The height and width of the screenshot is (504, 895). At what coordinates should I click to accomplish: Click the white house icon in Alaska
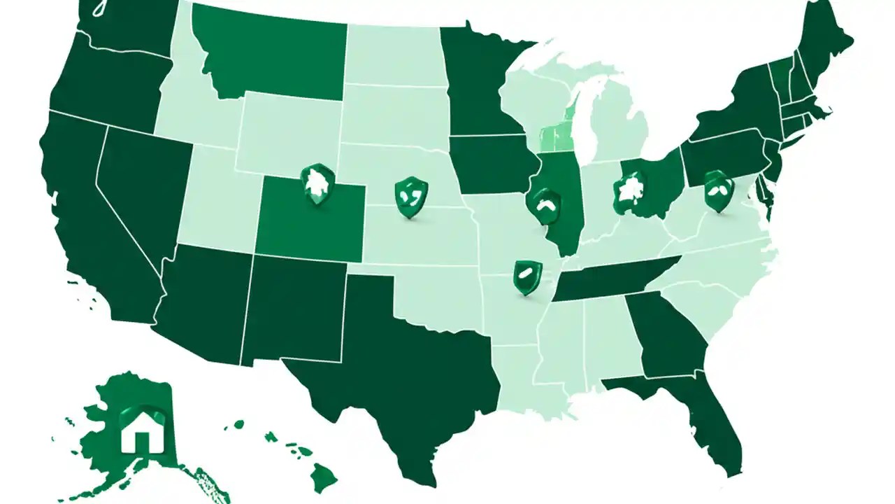pyautogui.click(x=141, y=437)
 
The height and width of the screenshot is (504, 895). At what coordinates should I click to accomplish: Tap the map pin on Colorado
pyautogui.click(x=317, y=183)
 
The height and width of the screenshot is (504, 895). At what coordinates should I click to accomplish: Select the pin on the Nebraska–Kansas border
pyautogui.click(x=410, y=197)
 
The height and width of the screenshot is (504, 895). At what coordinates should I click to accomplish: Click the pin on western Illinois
pyautogui.click(x=545, y=204)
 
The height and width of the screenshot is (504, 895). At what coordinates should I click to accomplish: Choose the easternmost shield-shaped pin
pyautogui.click(x=718, y=190)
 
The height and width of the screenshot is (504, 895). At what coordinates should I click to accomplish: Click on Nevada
pyautogui.click(x=140, y=189)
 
